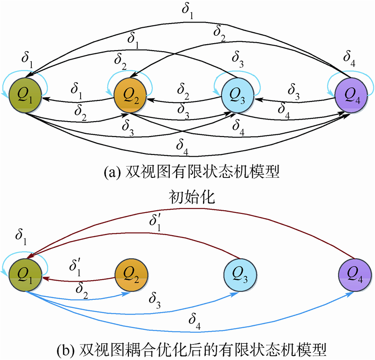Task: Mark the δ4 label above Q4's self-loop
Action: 349,59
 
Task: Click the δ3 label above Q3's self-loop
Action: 238,61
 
